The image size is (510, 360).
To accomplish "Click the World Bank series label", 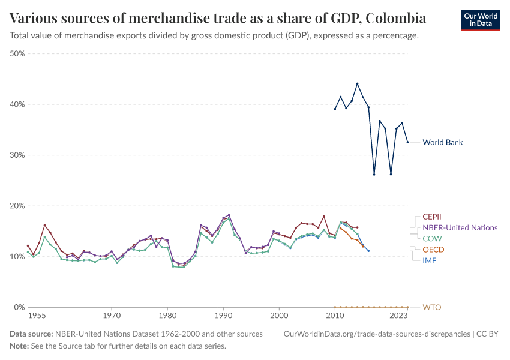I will (x=442, y=143).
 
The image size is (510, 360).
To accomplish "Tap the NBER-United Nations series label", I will (x=460, y=227).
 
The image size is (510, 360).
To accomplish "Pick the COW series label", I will (x=432, y=238).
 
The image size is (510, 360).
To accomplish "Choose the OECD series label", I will (x=433, y=250).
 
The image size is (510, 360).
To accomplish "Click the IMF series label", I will (x=430, y=260).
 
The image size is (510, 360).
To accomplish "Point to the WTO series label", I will (x=432, y=307).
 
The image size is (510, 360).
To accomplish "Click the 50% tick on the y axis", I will (x=17, y=53).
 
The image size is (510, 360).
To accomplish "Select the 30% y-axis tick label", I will (x=17, y=155).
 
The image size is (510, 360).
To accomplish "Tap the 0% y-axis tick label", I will (x=19, y=307).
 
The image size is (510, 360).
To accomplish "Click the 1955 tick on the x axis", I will (x=37, y=315).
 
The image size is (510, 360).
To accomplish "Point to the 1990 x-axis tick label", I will (x=223, y=315).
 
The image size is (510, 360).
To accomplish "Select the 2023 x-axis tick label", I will (x=398, y=315).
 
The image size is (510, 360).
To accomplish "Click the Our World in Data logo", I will (x=480, y=20).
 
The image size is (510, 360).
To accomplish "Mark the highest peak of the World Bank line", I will (x=357, y=83).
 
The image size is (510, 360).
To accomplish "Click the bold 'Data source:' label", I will (x=32, y=334).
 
